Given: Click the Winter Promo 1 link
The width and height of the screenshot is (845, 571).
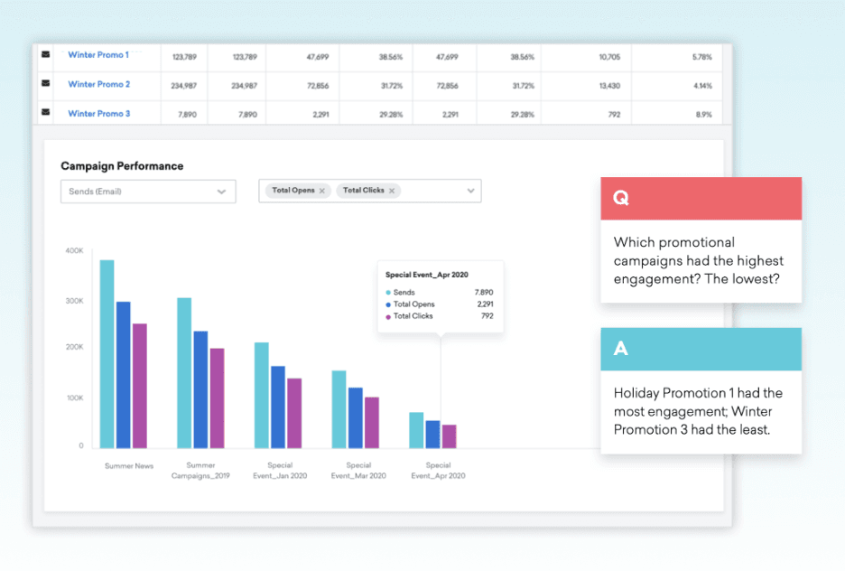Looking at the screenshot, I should [97, 55].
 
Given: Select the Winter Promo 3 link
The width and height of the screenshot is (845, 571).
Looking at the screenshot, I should [98, 114].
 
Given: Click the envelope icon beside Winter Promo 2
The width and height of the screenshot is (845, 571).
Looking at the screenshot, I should [45, 84].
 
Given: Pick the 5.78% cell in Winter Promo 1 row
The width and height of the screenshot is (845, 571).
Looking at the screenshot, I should [701, 57].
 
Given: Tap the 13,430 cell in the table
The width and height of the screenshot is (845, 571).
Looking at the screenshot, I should [609, 86].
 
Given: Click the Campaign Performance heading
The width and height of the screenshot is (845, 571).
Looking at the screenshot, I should [122, 166].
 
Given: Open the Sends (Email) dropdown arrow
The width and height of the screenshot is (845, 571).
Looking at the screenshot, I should [221, 192].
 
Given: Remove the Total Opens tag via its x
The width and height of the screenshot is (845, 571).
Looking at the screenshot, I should [322, 191].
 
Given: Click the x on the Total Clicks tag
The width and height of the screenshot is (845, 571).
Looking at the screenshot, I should [392, 191].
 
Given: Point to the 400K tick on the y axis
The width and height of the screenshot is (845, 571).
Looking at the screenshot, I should [74, 250].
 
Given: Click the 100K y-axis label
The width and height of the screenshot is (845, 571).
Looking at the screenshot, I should [74, 398].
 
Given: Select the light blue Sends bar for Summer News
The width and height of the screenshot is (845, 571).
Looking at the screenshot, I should [107, 353].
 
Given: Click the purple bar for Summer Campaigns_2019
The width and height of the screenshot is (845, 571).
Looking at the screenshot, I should [217, 398].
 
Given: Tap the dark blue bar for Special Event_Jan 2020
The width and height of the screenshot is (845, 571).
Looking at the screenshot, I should [278, 407].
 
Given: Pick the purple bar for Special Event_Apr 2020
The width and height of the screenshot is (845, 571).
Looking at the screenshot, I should [449, 435].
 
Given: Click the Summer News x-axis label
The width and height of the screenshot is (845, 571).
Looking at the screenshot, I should [129, 466].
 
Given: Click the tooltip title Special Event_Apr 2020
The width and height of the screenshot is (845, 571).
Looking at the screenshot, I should [427, 275].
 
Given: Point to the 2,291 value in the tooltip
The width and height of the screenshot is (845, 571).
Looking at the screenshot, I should [485, 304].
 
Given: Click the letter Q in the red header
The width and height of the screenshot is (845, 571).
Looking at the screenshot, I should [620, 199].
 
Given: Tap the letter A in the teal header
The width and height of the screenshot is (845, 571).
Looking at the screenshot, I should [620, 349].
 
